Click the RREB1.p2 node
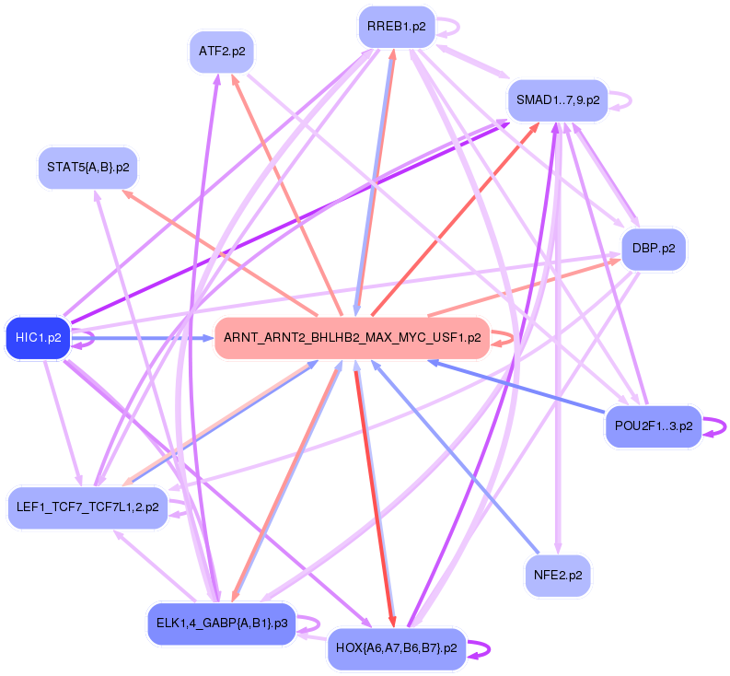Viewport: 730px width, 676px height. click(x=396, y=27)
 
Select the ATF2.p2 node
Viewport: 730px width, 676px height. click(x=221, y=52)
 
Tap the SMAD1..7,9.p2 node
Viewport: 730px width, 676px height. click(x=558, y=99)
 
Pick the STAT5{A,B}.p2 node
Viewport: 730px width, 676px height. click(x=87, y=168)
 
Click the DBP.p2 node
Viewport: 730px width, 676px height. click(x=654, y=249)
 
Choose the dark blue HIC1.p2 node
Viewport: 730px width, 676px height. click(x=38, y=338)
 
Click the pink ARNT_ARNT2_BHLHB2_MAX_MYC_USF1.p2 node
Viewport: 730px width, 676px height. click(x=352, y=338)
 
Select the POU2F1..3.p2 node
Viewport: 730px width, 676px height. click(x=653, y=426)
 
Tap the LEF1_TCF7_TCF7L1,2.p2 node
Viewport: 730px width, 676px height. click(x=87, y=507)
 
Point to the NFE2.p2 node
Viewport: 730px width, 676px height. click(x=558, y=576)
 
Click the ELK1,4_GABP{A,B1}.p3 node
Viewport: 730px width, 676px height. click(x=221, y=624)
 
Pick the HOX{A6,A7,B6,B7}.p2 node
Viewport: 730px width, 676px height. click(x=396, y=648)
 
